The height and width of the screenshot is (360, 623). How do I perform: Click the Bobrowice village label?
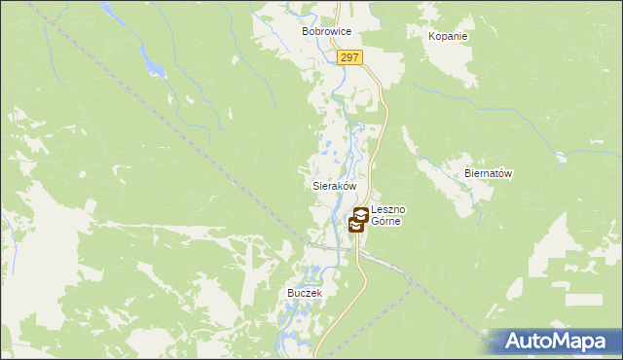[325, 32]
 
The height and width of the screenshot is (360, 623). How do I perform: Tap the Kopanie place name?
[448, 37]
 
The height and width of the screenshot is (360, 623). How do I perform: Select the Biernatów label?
[488, 174]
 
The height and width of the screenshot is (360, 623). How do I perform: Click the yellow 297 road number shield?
[350, 58]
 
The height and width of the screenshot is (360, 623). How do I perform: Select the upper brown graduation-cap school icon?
[361, 215]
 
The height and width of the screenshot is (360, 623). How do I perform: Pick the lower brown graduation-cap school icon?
[355, 226]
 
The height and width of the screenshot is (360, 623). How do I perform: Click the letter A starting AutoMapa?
[516, 342]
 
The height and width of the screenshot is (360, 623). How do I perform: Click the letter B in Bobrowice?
[306, 32]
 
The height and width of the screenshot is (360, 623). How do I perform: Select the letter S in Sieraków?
[314, 185]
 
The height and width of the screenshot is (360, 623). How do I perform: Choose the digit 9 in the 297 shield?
[350, 58]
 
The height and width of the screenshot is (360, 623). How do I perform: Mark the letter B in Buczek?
[290, 293]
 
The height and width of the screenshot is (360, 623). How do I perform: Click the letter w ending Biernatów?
[508, 174]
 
